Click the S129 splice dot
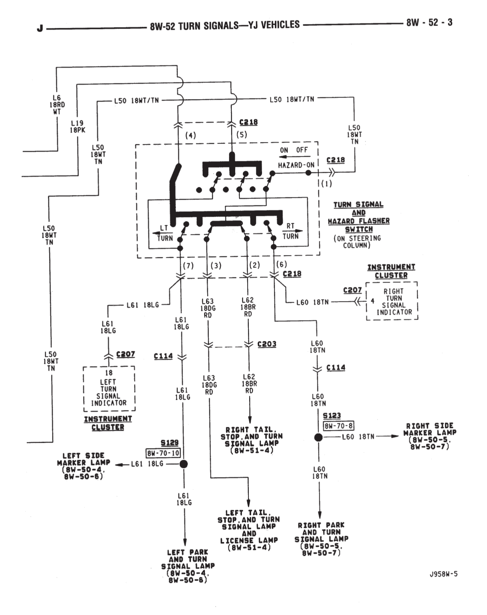pyautogui.click(x=183, y=464)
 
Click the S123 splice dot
pyautogui.click(x=319, y=437)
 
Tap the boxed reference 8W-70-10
pyautogui.click(x=163, y=453)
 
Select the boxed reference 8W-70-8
pyautogui.click(x=339, y=426)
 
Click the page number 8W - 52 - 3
pyautogui.click(x=429, y=23)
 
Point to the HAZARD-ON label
pyautogui.click(x=296, y=165)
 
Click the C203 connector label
pyautogui.click(x=267, y=344)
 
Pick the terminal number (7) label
pyautogui.click(x=188, y=266)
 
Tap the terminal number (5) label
pyautogui.click(x=242, y=135)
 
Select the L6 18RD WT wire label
pyautogui.click(x=57, y=104)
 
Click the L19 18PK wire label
pyautogui.click(x=78, y=127)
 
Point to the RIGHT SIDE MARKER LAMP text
pyautogui.click(x=430, y=436)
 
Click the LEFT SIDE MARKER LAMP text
pyautogui.click(x=83, y=466)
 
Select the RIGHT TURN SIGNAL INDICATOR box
pyautogui.click(x=393, y=301)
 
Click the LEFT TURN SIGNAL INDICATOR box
pyautogui.click(x=109, y=389)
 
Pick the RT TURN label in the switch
pyautogui.click(x=290, y=231)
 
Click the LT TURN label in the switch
pyautogui.click(x=164, y=233)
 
